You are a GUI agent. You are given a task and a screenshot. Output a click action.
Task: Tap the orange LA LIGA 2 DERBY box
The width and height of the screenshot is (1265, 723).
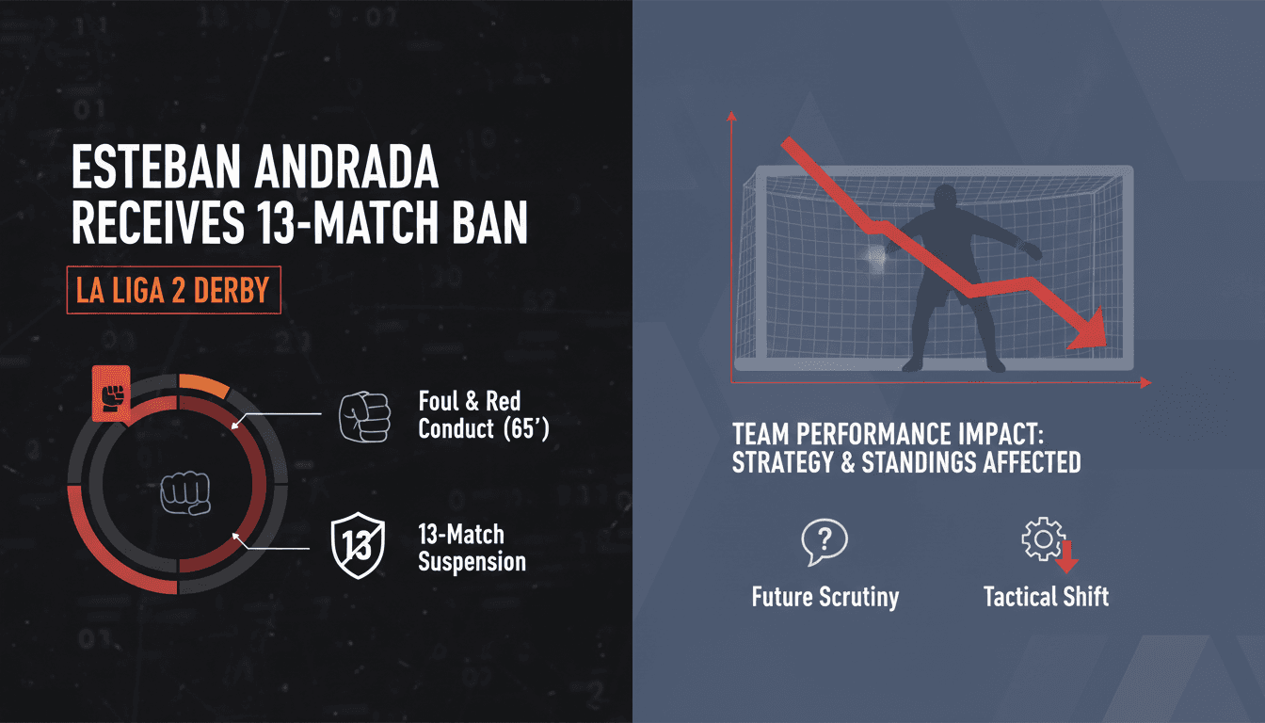(173, 292)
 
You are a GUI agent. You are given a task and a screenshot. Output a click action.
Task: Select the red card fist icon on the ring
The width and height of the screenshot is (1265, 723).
(110, 395)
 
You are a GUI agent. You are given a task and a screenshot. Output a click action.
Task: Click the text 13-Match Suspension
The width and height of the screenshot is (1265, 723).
(472, 548)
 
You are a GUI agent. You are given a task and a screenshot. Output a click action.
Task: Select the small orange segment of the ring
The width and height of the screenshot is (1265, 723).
(203, 386)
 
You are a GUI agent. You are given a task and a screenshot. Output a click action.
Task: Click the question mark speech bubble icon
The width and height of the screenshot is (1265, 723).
(825, 540)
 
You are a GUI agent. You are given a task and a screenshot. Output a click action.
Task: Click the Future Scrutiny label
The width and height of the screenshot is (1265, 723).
(825, 596)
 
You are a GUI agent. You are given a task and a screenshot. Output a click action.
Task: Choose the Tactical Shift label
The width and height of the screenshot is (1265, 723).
(1046, 596)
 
